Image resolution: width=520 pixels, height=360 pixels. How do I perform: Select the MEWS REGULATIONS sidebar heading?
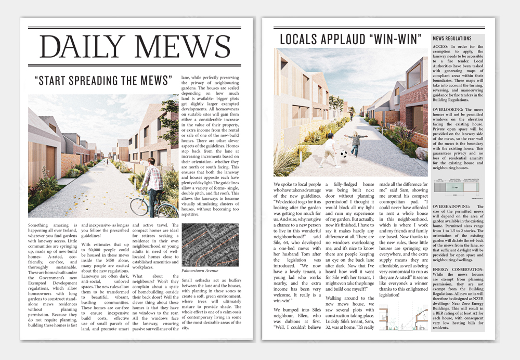[452, 38]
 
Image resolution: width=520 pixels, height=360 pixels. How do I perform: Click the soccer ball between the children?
[344, 154]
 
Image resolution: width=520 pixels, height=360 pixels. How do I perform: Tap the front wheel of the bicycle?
[140, 206]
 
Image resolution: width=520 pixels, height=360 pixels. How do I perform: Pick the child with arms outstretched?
[358, 143]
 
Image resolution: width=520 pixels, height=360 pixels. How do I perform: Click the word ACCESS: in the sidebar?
[442, 47]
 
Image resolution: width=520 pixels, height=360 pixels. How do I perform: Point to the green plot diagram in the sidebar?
[455, 187]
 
